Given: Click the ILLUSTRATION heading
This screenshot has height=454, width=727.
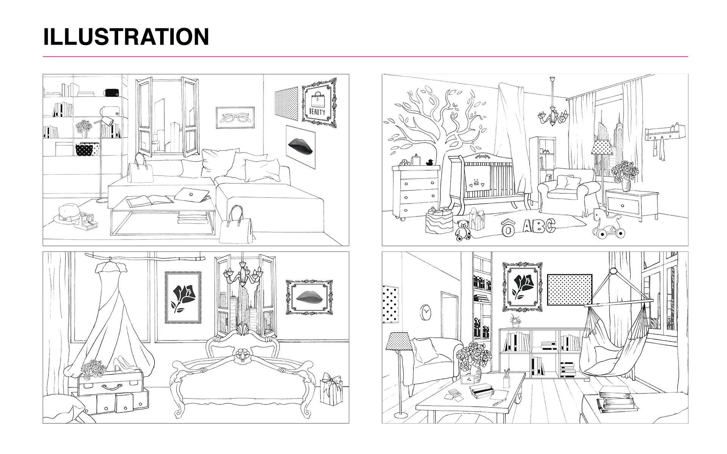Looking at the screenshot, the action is point(126,37).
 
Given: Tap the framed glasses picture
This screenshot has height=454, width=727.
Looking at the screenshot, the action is point(235,118).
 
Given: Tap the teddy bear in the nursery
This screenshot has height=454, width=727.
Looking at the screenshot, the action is point(462,230).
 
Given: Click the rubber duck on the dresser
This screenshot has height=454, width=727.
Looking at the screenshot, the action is point(429,163).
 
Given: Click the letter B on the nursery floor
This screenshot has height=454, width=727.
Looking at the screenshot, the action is point(537,226).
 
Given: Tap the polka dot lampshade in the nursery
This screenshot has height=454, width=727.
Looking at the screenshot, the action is point(602,147).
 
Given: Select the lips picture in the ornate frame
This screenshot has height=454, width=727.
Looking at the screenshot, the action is point(309,297).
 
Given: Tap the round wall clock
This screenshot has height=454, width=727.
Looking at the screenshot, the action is point(426,312).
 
